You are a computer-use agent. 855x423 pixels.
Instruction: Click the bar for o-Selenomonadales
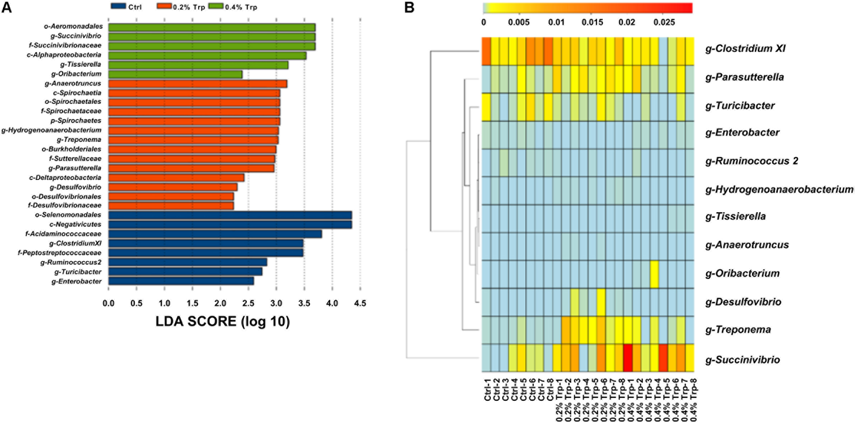pyautogui.click(x=230, y=215)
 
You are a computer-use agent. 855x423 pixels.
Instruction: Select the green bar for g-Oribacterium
pyautogui.click(x=175, y=74)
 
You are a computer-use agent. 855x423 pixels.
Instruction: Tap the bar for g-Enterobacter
pyautogui.click(x=181, y=281)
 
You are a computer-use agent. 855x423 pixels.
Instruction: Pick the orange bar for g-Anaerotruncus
pyautogui.click(x=197, y=84)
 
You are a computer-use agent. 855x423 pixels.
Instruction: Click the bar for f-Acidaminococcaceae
pyautogui.click(x=215, y=234)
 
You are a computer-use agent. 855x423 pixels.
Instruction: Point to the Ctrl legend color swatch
pyautogui.click(x=118, y=6)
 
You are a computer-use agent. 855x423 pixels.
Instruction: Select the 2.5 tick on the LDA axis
pyautogui.click(x=248, y=303)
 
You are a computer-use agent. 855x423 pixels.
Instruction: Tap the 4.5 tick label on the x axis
pyautogui.click(x=360, y=303)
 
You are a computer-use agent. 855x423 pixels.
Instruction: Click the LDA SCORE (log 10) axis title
pyautogui.click(x=222, y=321)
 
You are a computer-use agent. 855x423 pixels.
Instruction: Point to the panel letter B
pyautogui.click(x=409, y=8)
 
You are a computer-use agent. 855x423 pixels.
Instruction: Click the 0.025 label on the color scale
pyautogui.click(x=664, y=22)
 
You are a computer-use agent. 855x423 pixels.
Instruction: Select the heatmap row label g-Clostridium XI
pyautogui.click(x=745, y=48)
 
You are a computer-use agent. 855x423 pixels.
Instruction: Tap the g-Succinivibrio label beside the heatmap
pyautogui.click(x=742, y=360)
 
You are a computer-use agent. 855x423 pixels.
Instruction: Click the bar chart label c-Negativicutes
pyautogui.click(x=75, y=224)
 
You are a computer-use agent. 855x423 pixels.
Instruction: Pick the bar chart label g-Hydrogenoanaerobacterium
pyautogui.click(x=51, y=130)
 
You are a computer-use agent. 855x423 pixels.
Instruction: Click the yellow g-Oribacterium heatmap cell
pyautogui.click(x=654, y=274)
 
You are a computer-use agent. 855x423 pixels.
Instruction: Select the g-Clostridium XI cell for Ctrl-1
pyautogui.click(x=486, y=51)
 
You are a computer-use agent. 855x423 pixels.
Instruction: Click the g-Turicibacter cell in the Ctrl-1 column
pyautogui.click(x=486, y=107)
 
